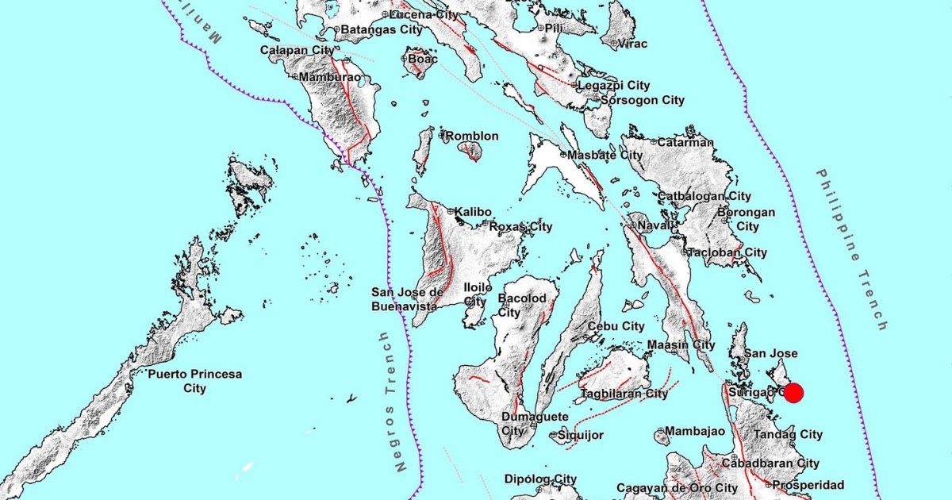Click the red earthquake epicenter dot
pyautogui.click(x=793, y=393)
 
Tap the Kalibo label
pyautogui.click(x=474, y=212)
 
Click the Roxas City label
pyautogui.click(x=520, y=227)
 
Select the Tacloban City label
pyautogui.click(x=727, y=252)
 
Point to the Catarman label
pyautogui.click(x=685, y=143)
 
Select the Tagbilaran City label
pyautogui.click(x=624, y=394)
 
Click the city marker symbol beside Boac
pyautogui.click(x=405, y=59)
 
